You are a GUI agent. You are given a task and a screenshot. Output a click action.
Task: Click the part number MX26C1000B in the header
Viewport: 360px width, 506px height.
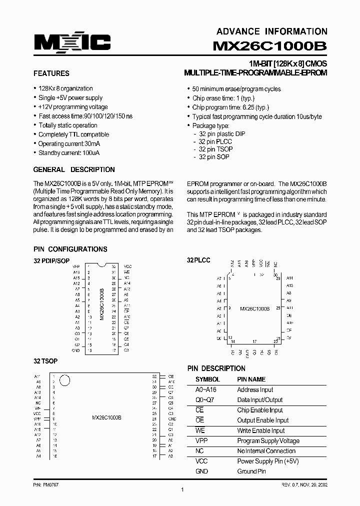point(270,45)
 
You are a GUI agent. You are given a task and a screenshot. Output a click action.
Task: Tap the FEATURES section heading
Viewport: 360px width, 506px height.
point(51,73)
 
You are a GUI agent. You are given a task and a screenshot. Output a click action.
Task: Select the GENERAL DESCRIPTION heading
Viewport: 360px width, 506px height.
point(74,169)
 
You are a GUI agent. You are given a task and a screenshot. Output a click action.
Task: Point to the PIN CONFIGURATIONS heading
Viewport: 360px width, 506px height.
point(70,249)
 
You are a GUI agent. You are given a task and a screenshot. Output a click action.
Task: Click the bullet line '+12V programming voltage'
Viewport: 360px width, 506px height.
point(73,107)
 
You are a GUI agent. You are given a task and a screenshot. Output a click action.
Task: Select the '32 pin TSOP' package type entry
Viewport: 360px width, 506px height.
point(215,149)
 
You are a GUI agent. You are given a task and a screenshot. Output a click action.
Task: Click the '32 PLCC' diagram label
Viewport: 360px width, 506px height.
point(198,260)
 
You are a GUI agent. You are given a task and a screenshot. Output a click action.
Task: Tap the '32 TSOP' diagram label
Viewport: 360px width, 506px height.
point(45,361)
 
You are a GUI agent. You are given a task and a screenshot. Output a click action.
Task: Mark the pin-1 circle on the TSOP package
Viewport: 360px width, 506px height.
point(64,380)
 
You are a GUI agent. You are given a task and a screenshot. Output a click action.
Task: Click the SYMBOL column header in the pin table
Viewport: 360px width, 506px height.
point(207,379)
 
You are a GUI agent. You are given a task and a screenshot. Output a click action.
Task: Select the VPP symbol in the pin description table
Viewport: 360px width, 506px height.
point(201,440)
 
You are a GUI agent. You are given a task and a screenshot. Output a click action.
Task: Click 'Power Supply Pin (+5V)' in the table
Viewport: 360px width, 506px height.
point(267,461)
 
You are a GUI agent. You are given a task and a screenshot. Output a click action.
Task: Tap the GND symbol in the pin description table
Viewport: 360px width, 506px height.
point(201,471)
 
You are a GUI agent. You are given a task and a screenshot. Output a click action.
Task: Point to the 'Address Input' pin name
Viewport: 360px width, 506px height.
point(255,389)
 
